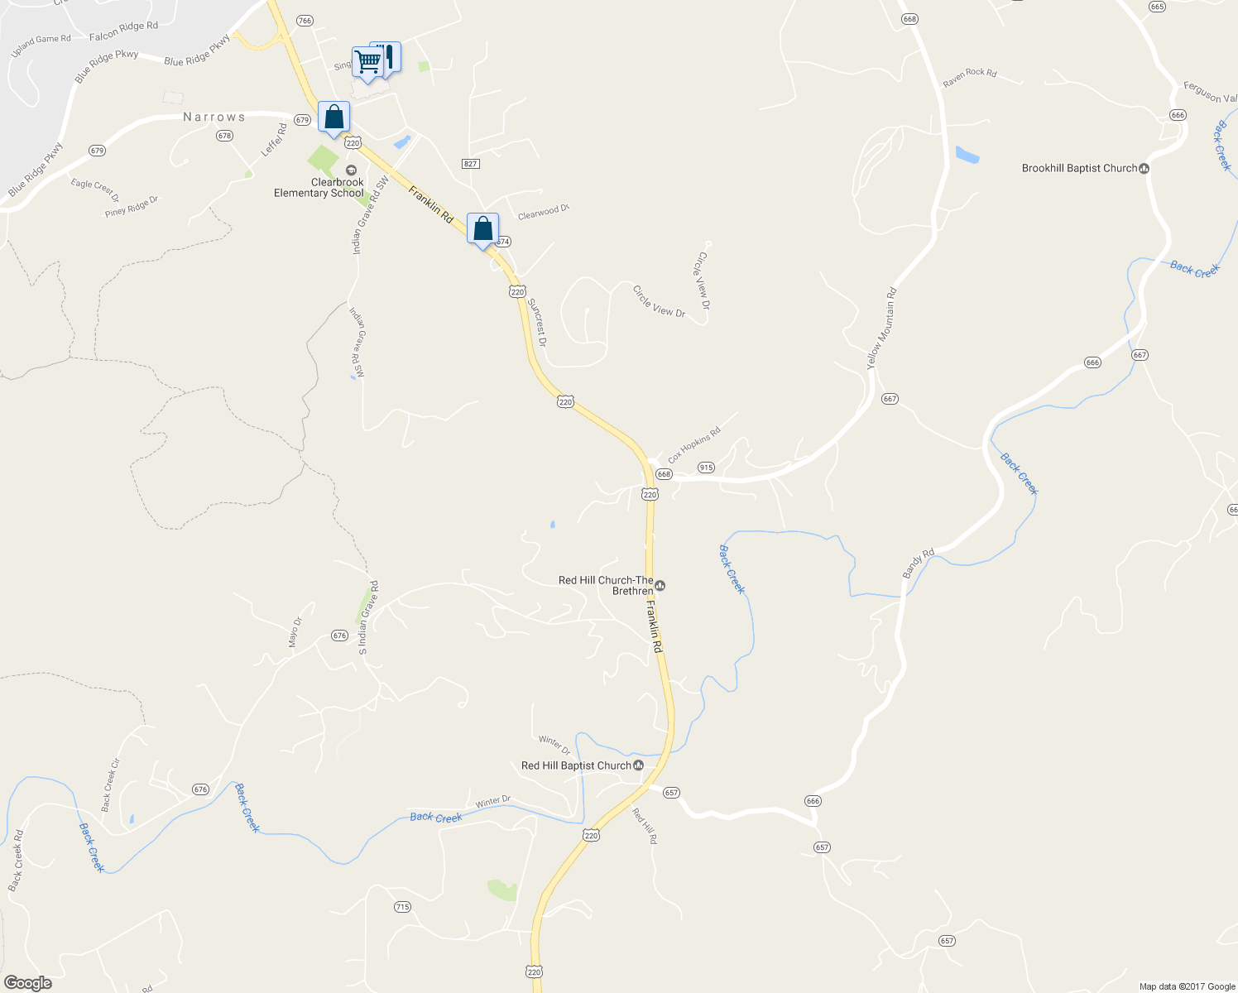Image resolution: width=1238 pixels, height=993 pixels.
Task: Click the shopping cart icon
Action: coord(367,60)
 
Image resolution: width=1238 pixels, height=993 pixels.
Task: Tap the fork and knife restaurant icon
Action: coord(386,56)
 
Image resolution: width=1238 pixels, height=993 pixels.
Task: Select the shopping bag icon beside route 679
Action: coord(333,117)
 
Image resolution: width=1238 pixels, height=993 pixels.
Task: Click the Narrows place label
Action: coord(214,118)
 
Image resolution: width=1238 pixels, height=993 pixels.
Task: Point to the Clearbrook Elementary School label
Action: coord(319,188)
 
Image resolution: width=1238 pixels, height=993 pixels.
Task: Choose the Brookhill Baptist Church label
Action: coord(1079,168)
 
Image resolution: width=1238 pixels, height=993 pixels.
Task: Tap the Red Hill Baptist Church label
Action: coord(576,765)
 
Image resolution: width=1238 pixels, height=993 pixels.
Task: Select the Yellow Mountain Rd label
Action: coord(881,329)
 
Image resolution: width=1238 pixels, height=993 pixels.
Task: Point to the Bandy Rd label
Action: coord(918,563)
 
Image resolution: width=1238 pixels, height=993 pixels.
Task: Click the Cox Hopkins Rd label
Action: coord(694,444)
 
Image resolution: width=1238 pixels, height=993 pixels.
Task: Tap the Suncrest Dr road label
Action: coord(537,323)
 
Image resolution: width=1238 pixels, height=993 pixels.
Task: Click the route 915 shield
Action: coord(705,468)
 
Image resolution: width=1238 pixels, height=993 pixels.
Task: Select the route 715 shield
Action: coord(402,907)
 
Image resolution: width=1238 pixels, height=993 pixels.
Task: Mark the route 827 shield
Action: coord(470,164)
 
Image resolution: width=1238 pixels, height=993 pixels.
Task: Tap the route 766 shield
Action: coord(304,21)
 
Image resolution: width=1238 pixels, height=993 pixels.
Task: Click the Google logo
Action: coord(28,983)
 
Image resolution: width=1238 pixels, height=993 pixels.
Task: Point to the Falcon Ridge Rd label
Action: coord(123,31)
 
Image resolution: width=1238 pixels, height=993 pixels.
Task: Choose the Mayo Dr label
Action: coord(295,632)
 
